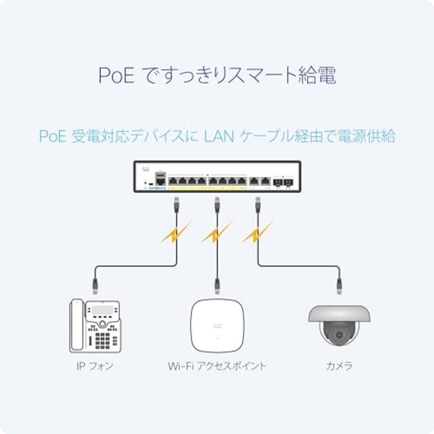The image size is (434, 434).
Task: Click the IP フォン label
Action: (95, 366)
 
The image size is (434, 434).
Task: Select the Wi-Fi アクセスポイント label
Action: (217, 366)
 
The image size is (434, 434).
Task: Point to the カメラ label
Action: (339, 366)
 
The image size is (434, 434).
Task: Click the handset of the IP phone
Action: (76, 325)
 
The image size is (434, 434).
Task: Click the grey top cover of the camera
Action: (339, 313)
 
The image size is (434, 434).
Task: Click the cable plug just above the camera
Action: (339, 285)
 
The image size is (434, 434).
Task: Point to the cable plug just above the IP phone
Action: (95, 285)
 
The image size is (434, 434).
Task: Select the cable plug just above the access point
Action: (217, 285)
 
